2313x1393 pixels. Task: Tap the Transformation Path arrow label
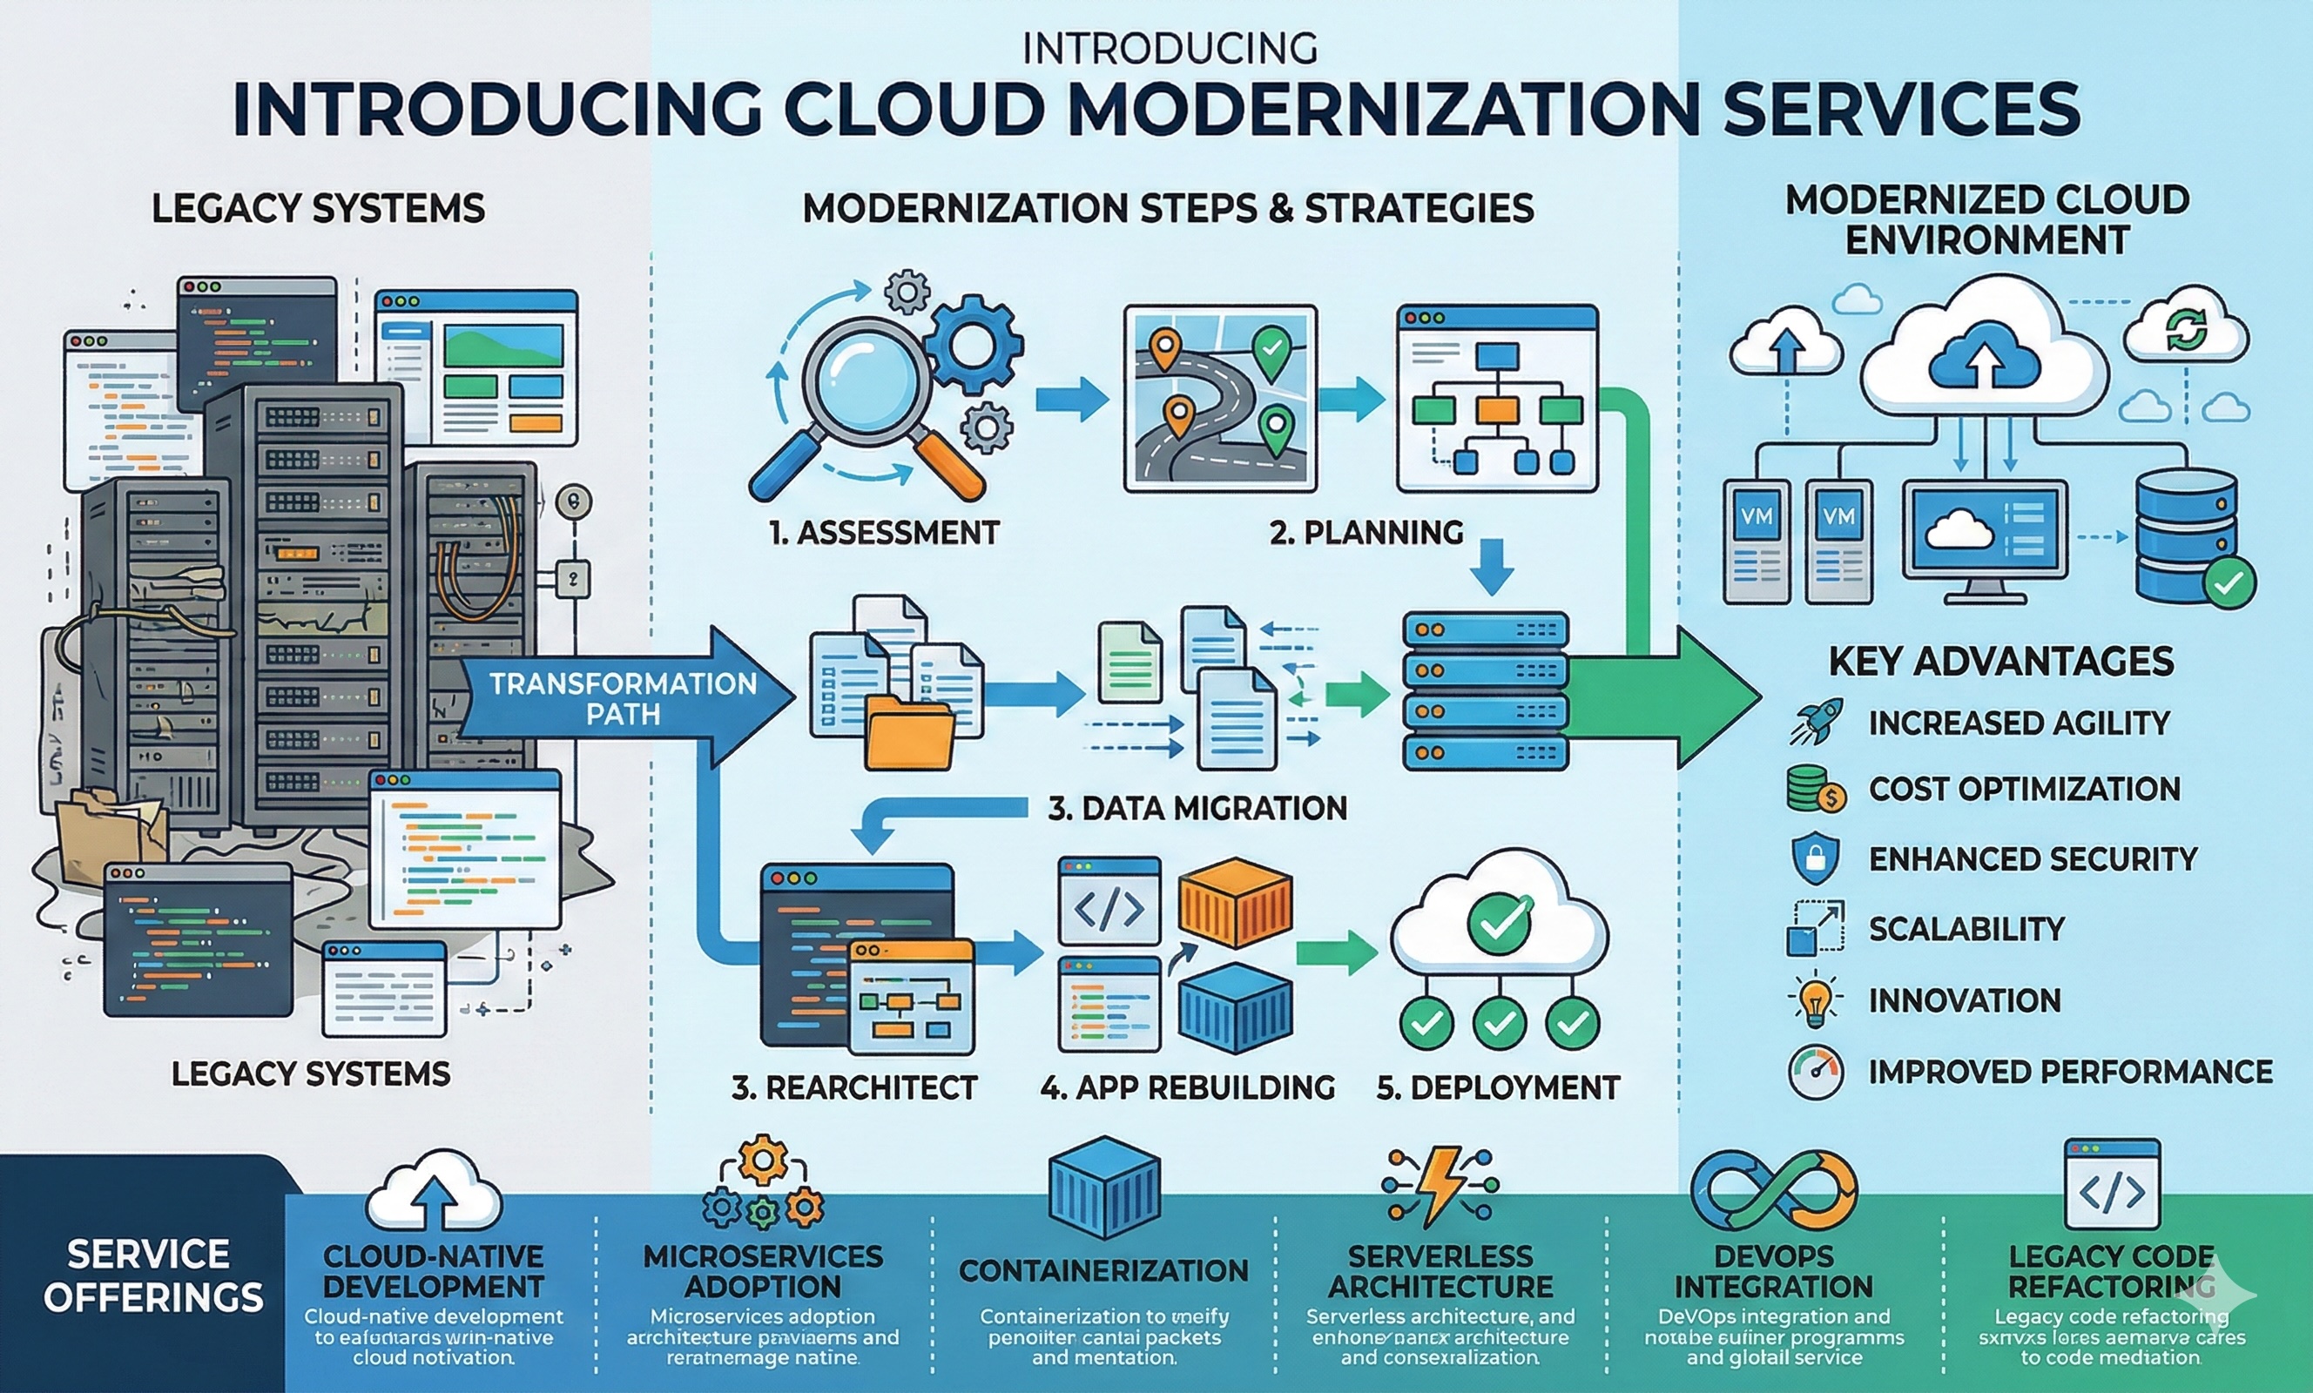623,698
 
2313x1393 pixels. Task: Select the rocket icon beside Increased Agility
1816,722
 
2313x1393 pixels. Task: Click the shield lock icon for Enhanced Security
1815,858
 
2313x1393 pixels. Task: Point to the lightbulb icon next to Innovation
1815,1000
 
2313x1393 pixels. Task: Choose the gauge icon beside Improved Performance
1816,1072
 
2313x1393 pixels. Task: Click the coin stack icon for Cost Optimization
1815,789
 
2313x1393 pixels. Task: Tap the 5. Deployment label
1497,1087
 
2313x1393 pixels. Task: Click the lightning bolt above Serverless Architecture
1440,1186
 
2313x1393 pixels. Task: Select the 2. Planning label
1366,532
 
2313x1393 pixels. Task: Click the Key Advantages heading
2000,662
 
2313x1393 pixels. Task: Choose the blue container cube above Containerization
1103,1188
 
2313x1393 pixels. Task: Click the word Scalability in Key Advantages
1966,928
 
